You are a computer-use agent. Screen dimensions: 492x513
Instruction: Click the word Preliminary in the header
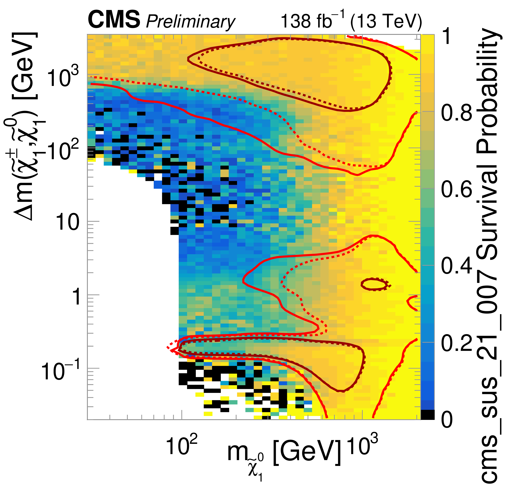(190, 21)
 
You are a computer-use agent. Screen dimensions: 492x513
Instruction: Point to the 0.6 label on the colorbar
(457, 189)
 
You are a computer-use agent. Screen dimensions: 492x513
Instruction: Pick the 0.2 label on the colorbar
(457, 342)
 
